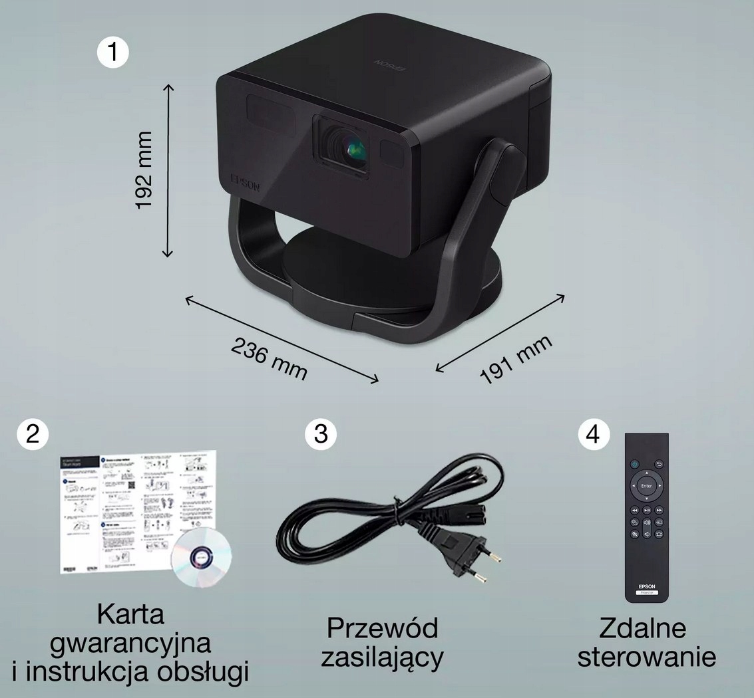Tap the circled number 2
[x=33, y=433]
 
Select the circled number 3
[x=321, y=433]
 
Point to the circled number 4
[x=593, y=433]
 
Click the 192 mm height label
[x=144, y=170]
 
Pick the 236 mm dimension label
[x=269, y=359]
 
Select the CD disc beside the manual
[x=201, y=557]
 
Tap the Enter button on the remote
[x=646, y=486]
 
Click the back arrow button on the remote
[x=660, y=464]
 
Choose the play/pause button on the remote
[x=647, y=510]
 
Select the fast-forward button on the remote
[x=660, y=510]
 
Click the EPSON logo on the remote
[x=646, y=586]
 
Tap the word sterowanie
[x=646, y=657]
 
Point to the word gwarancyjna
[x=130, y=643]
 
